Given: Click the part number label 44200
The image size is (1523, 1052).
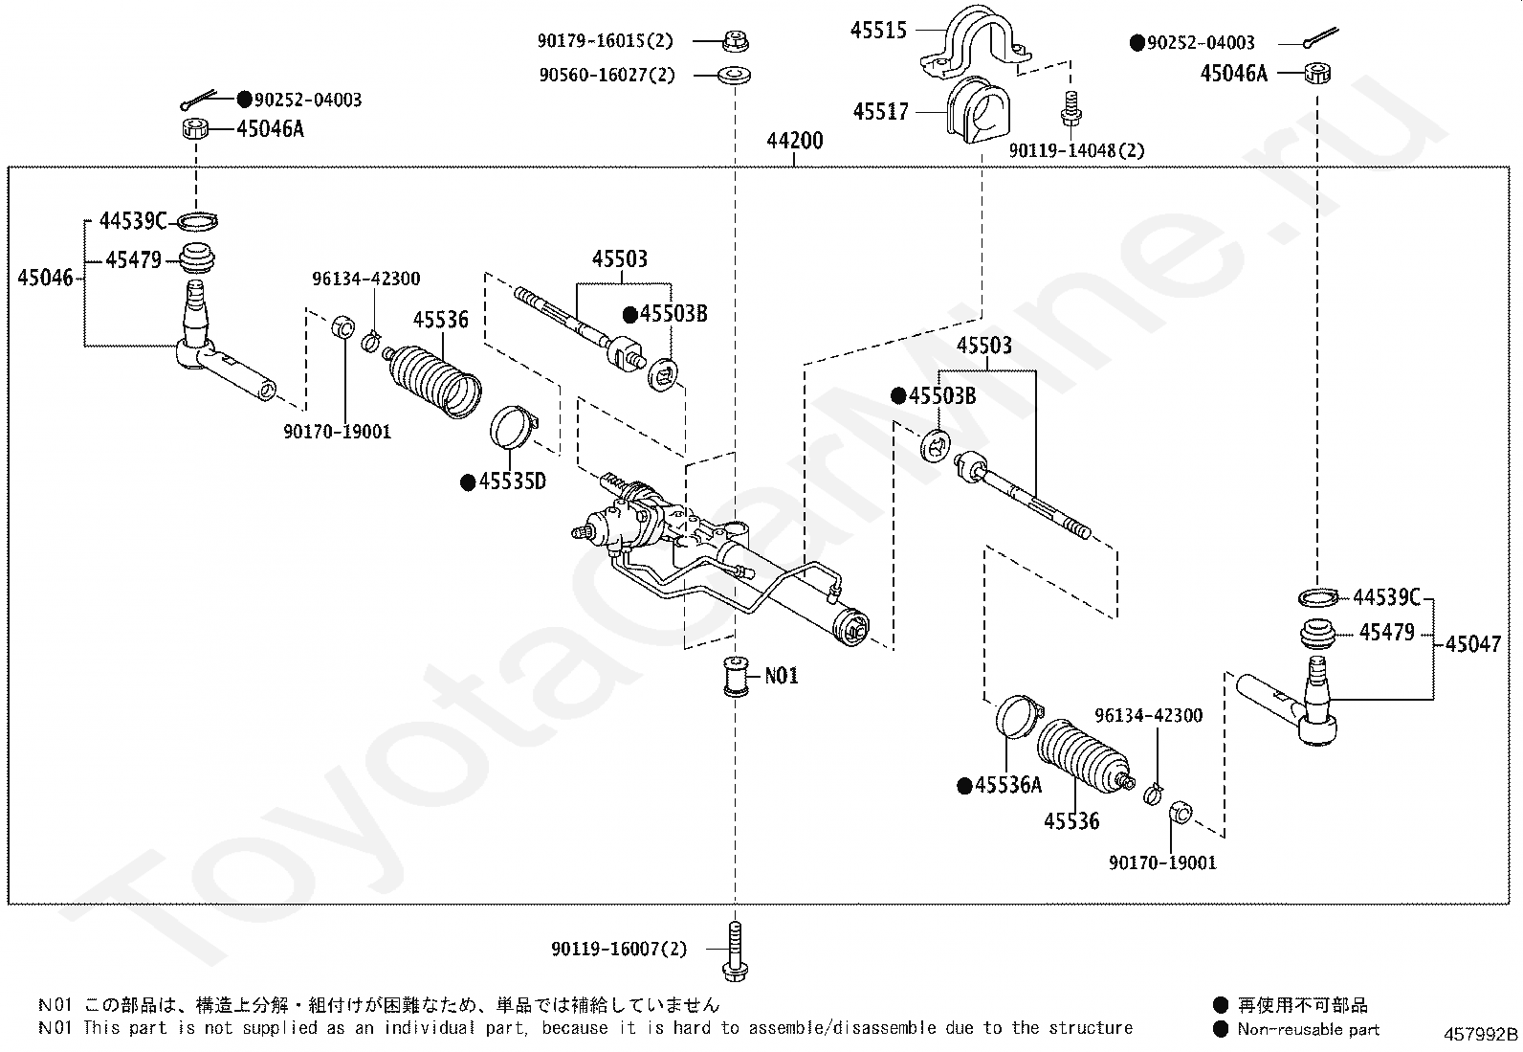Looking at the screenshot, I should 794,142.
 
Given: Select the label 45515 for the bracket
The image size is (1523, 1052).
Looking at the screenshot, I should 878,31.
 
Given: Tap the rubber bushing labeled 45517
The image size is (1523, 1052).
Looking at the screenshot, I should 977,112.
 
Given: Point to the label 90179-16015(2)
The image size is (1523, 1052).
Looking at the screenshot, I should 605,41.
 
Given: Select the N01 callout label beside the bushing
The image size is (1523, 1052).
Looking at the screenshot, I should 781,676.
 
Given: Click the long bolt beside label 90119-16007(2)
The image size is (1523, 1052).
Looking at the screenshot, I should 735,951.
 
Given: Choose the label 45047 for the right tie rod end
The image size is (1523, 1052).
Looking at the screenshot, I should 1473,644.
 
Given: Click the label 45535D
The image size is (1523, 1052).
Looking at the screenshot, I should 512,481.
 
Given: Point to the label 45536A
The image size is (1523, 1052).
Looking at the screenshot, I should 1007,786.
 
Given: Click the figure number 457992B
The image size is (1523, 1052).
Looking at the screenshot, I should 1481,1035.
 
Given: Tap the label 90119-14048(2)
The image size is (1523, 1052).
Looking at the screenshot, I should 1077,150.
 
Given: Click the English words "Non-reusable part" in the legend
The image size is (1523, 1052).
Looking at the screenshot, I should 1308,1029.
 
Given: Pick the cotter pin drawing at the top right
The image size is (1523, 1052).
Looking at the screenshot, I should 1320,40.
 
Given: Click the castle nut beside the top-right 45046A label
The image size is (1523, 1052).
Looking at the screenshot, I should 1319,74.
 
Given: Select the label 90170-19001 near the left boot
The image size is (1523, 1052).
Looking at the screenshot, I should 337,432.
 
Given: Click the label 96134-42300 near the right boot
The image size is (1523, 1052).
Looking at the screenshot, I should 1148,716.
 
